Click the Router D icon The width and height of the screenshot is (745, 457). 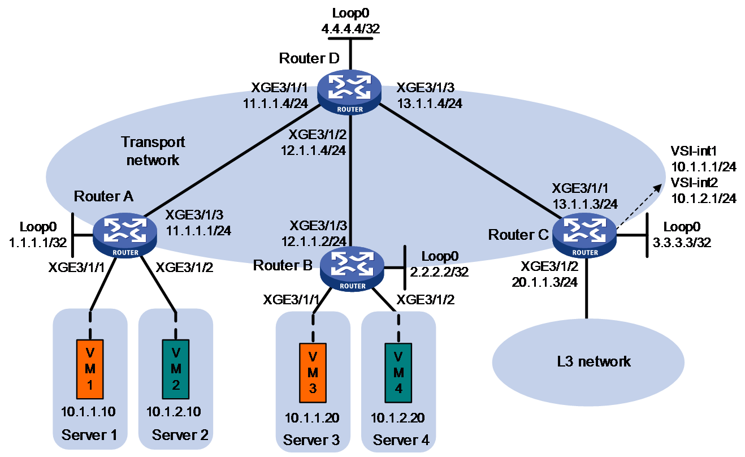[x=349, y=92]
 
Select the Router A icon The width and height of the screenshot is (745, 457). [x=125, y=235]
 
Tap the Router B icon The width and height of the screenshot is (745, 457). [x=352, y=269]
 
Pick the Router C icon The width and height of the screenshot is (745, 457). [x=584, y=235]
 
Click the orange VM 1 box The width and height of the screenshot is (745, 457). [x=90, y=369]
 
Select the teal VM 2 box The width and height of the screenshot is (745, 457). [x=176, y=369]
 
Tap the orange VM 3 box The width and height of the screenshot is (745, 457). [x=313, y=373]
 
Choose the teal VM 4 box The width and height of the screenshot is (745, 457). [x=398, y=373]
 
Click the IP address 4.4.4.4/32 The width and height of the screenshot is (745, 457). [x=350, y=29]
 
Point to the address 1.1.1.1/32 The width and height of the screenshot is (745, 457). [x=38, y=243]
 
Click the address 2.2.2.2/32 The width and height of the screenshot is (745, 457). [x=439, y=272]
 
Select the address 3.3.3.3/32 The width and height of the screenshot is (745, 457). [x=682, y=242]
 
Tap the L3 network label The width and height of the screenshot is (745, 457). [x=594, y=361]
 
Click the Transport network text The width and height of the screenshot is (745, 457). [x=153, y=151]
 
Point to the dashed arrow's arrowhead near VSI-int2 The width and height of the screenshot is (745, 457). [x=658, y=188]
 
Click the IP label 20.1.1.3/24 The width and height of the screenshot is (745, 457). [x=544, y=282]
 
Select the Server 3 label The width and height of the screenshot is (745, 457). [x=311, y=440]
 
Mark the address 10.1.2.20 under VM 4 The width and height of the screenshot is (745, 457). [x=398, y=418]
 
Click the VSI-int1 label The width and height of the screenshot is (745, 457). [x=694, y=151]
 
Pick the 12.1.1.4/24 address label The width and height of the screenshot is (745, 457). [x=313, y=150]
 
